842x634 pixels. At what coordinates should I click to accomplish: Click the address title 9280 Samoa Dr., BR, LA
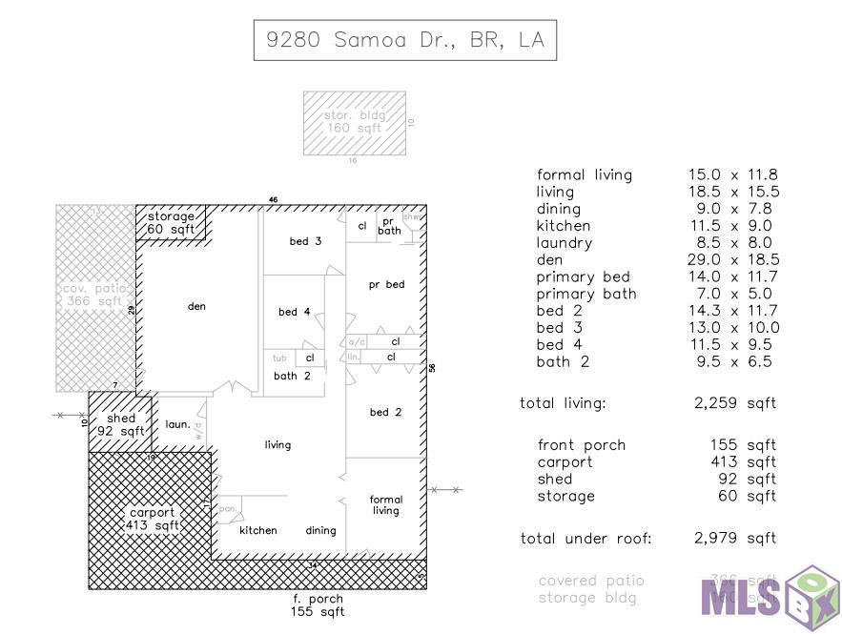[x=404, y=40]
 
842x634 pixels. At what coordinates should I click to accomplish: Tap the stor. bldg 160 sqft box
[x=354, y=122]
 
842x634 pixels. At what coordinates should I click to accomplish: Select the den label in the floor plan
[x=196, y=306]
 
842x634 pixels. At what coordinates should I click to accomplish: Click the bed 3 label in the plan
[x=305, y=241]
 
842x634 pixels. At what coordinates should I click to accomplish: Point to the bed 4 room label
[x=294, y=312]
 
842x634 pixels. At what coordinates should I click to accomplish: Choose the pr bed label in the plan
[x=386, y=284]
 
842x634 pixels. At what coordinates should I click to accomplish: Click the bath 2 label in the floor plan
[x=292, y=376]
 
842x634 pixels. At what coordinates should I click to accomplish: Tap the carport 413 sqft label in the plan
[x=153, y=519]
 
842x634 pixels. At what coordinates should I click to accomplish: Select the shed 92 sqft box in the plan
[x=120, y=424]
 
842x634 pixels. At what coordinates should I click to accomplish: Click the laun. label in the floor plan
[x=177, y=424]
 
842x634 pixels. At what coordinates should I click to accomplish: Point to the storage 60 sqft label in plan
[x=171, y=223]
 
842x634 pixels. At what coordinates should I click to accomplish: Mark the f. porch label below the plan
[x=318, y=604]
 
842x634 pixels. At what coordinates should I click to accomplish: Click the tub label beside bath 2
[x=279, y=358]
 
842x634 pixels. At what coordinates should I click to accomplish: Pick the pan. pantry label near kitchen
[x=228, y=508]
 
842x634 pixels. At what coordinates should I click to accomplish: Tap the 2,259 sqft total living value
[x=734, y=403]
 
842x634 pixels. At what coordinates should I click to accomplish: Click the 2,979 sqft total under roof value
[x=734, y=539]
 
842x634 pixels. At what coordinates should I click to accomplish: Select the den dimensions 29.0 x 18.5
[x=733, y=259]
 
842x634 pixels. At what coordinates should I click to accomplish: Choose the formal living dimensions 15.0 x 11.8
[x=733, y=174]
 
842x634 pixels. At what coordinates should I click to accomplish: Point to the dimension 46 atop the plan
[x=273, y=200]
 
